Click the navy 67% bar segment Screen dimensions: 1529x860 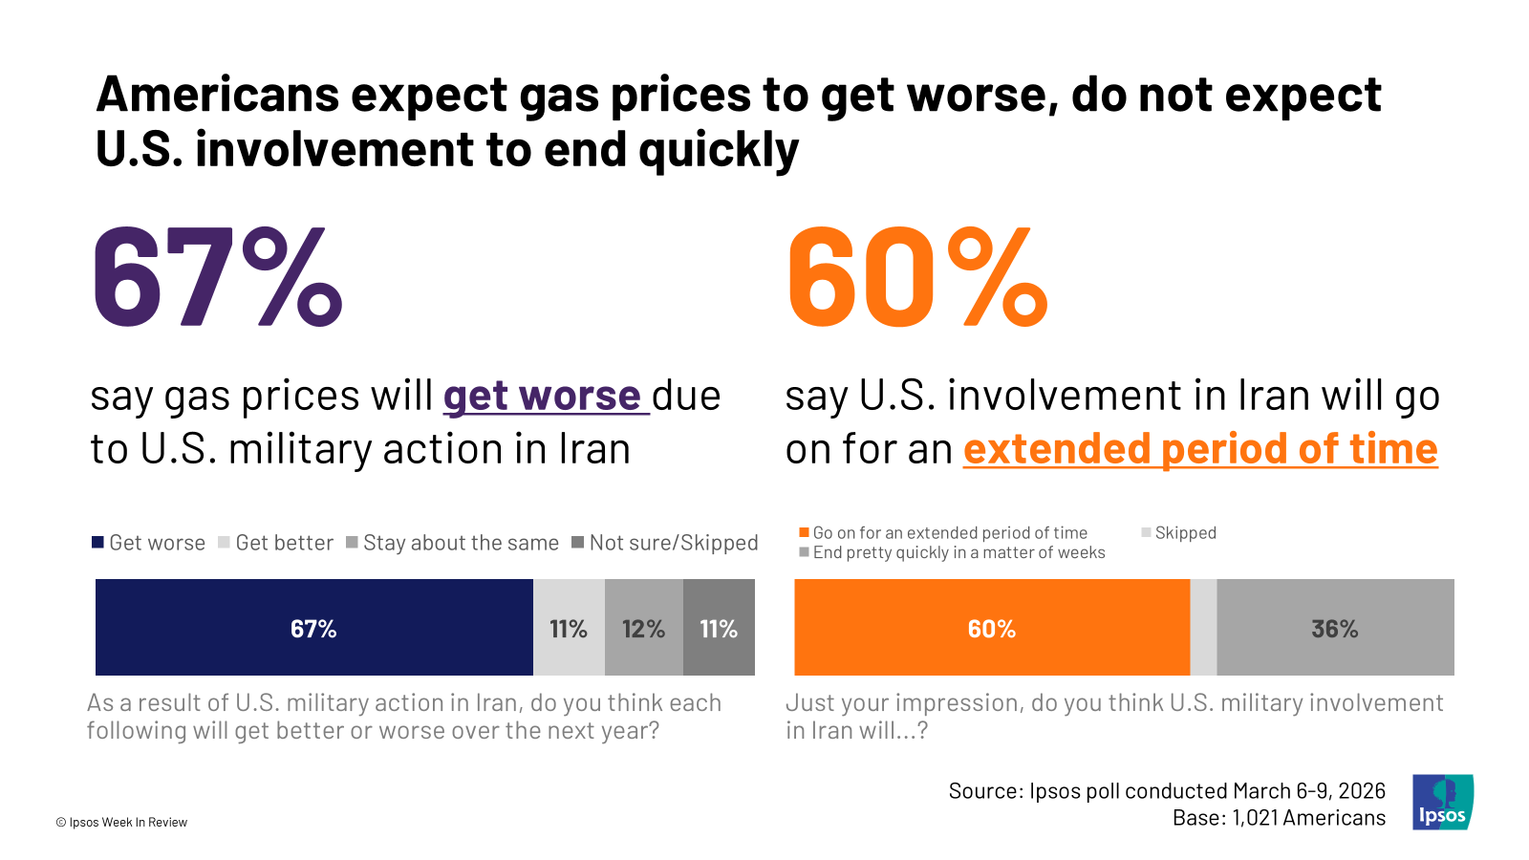[314, 627]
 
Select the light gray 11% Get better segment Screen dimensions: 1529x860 [569, 627]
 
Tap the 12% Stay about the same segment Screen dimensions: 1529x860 [644, 627]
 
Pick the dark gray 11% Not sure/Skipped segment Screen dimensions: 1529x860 [719, 627]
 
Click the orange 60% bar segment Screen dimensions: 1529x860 [992, 627]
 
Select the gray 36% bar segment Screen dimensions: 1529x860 [1335, 627]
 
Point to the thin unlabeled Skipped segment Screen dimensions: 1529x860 [1203, 627]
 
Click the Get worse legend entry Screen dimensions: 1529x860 [149, 543]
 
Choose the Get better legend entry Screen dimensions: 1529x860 [276, 543]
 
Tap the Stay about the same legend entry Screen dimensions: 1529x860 [453, 543]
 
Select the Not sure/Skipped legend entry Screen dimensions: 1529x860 [665, 543]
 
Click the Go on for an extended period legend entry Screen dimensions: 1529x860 [943, 532]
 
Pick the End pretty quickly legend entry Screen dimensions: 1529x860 [952, 552]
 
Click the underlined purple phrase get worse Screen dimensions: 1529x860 [546, 396]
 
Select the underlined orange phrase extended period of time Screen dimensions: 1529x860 [1200, 449]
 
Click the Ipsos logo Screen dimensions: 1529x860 [1443, 802]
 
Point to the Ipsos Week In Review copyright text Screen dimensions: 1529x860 [121, 823]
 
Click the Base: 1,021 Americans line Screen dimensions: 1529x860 [1280, 818]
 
